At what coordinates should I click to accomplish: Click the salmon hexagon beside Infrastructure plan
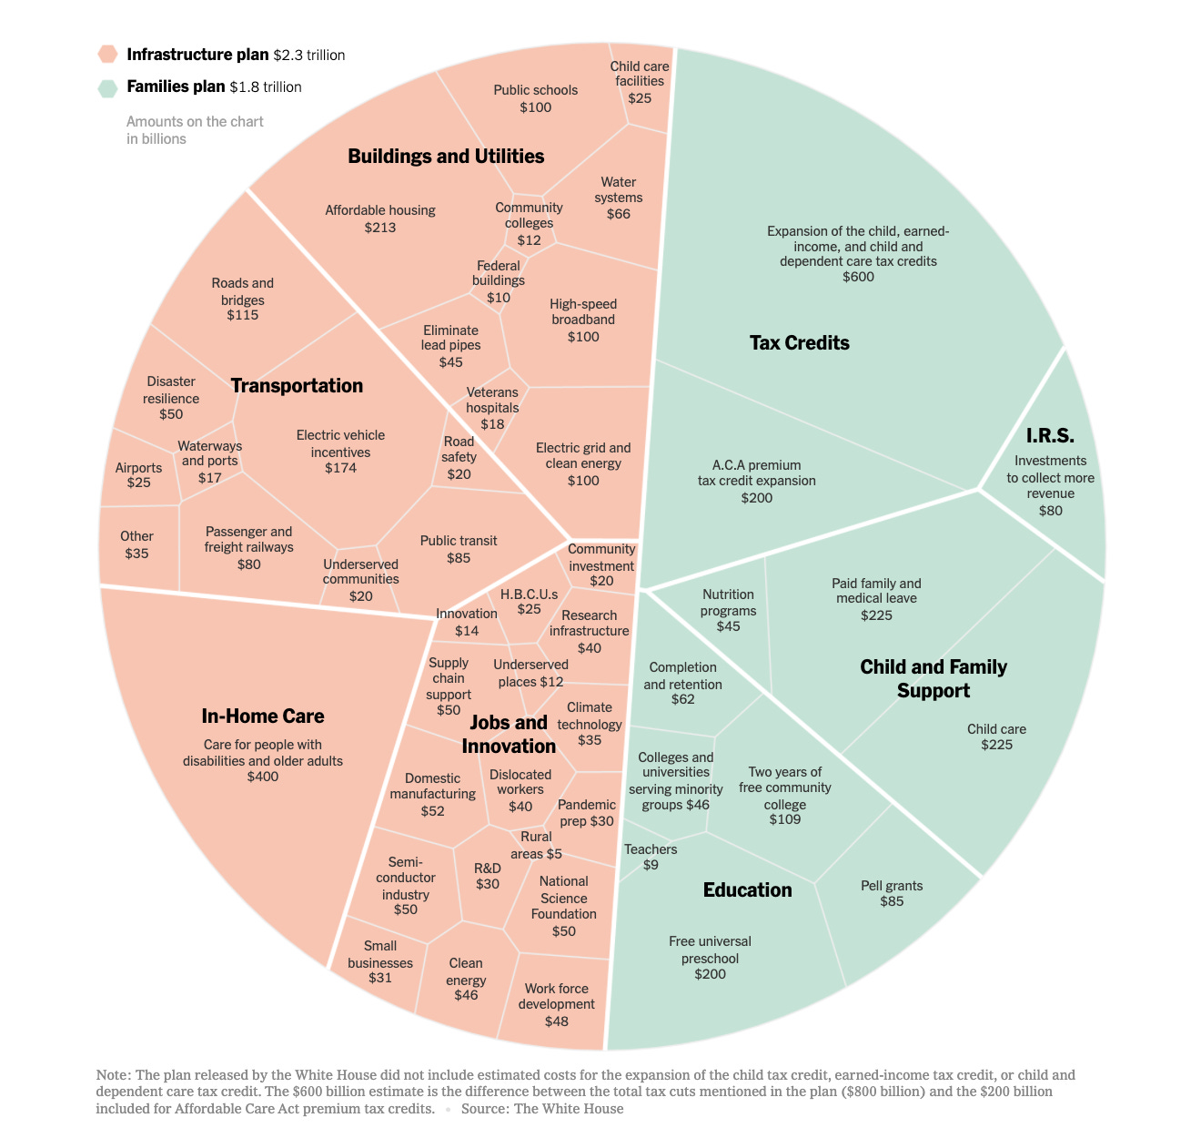point(108,55)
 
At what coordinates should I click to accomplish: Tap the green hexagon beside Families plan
point(108,87)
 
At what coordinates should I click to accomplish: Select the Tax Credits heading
point(799,343)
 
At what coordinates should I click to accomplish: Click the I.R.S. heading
point(1050,436)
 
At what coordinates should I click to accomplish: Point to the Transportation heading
point(297,386)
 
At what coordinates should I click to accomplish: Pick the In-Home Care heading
point(263,716)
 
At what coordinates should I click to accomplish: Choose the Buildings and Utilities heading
point(446,157)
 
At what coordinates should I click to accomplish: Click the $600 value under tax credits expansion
point(858,277)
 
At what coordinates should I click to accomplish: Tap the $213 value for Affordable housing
point(380,227)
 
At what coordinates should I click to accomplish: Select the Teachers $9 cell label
point(651,857)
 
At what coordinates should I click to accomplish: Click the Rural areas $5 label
point(536,845)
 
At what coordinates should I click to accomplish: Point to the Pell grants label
point(892,893)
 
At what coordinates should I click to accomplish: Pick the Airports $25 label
point(138,474)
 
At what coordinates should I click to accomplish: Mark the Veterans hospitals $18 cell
point(492,408)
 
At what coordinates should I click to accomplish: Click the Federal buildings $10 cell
point(499,281)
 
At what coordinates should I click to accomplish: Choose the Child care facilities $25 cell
point(640,81)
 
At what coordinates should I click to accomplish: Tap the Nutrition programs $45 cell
point(728,610)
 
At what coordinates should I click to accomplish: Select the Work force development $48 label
point(556,1004)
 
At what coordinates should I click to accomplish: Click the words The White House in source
point(569,1109)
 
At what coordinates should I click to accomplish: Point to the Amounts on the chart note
point(195,130)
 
